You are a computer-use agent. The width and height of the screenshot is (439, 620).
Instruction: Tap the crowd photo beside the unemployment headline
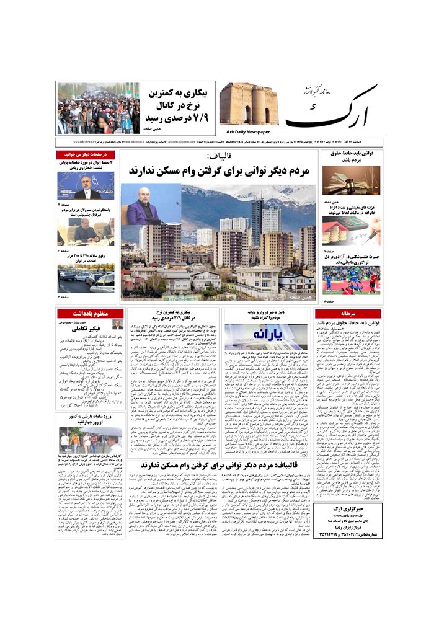tap(99, 108)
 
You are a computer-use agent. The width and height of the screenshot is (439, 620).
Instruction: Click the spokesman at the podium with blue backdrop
tap(86, 185)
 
